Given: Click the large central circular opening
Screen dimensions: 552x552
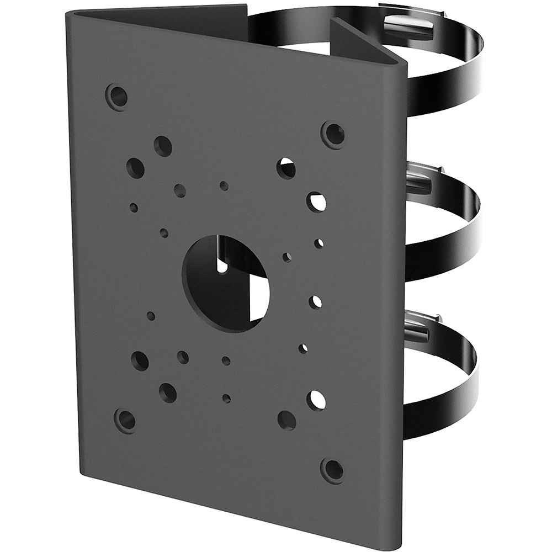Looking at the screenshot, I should coord(225,282).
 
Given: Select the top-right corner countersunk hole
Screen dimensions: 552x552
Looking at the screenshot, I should coord(333,134).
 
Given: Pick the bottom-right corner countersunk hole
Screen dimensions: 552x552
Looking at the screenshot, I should coord(332,470).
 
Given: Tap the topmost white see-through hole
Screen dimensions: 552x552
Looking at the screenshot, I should coord(286,168).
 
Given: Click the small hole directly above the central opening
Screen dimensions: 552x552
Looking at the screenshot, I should coord(224,186).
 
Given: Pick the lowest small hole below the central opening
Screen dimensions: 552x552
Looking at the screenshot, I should coord(226,398).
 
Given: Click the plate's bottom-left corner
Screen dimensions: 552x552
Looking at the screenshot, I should coord(83,476).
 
